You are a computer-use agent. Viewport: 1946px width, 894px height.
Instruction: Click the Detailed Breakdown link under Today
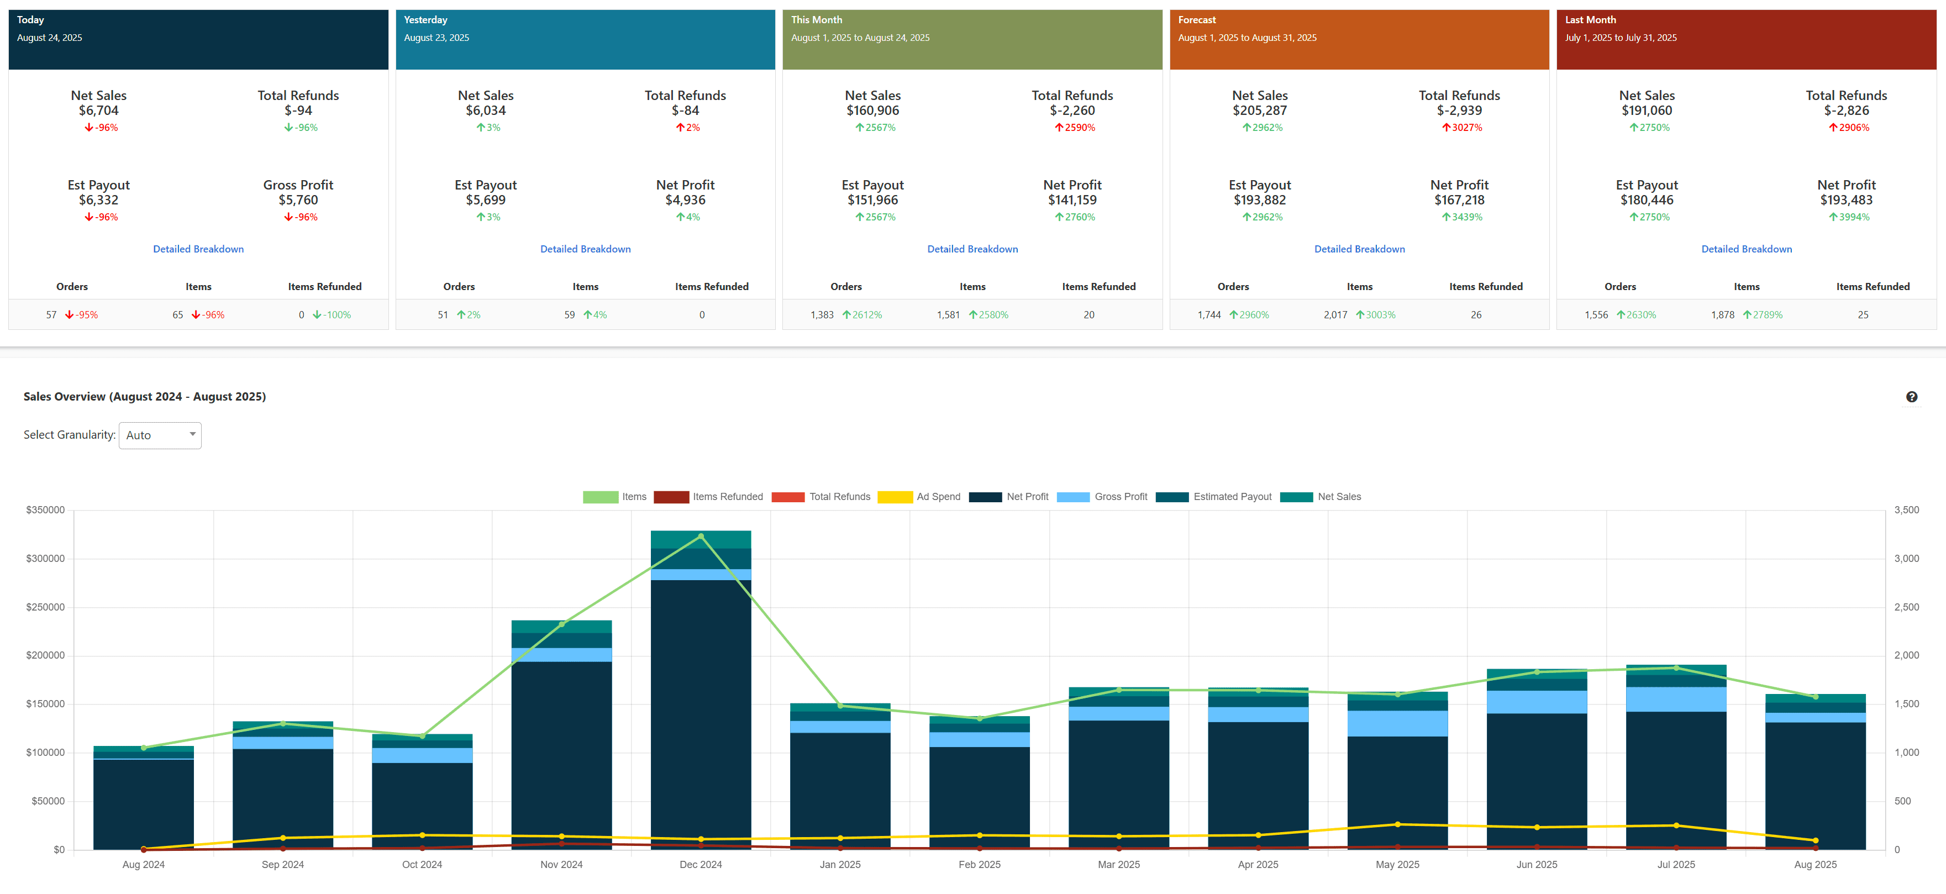[x=198, y=249]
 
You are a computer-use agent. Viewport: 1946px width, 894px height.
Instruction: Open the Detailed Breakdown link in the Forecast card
[x=1359, y=249]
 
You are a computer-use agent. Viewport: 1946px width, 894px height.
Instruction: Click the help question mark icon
[x=1911, y=397]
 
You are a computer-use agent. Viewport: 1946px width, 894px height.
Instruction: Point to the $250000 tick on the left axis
[x=45, y=607]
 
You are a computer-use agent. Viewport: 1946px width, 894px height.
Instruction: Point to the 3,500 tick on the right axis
[x=1906, y=510]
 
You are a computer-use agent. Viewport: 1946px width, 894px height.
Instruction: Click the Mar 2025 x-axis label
[x=1118, y=865]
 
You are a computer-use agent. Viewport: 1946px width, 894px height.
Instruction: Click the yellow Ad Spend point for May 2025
[x=1397, y=824]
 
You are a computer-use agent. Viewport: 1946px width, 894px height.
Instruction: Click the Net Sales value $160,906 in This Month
[x=872, y=111]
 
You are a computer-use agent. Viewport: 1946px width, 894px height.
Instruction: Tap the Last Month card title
[x=1590, y=20]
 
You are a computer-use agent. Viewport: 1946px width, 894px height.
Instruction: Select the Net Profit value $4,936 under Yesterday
[x=685, y=200]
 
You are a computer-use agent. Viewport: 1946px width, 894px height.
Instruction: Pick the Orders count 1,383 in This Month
[x=822, y=315]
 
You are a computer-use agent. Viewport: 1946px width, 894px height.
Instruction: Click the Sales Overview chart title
[x=144, y=397]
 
